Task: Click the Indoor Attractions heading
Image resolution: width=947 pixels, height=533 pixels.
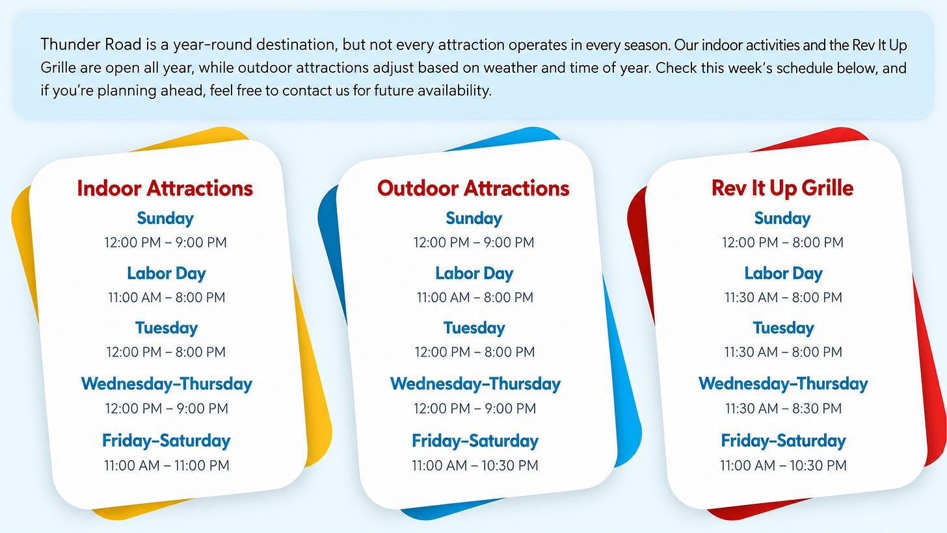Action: [165, 188]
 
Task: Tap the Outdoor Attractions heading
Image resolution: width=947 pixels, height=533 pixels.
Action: [473, 188]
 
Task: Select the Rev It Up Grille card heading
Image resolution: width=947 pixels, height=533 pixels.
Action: [782, 188]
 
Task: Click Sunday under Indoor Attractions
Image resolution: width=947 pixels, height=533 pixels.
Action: [165, 219]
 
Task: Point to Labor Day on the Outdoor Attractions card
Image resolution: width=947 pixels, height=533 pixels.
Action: [474, 273]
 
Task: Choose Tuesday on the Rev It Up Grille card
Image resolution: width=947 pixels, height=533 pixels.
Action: [783, 328]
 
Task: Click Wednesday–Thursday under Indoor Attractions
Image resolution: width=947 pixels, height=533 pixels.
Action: [167, 384]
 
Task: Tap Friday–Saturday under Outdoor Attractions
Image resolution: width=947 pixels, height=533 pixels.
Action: [475, 441]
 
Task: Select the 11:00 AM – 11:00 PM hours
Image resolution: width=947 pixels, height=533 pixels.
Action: [167, 465]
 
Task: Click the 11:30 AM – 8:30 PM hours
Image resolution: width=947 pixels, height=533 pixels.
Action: [783, 408]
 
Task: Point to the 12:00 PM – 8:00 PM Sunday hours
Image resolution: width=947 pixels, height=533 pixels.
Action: [782, 242]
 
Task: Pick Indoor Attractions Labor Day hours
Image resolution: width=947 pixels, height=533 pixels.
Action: [167, 297]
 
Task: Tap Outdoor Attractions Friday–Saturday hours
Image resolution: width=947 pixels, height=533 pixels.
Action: [475, 465]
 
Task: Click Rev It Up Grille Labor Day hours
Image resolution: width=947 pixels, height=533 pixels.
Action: [783, 297]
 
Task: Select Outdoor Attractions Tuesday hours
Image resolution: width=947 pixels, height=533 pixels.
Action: [474, 352]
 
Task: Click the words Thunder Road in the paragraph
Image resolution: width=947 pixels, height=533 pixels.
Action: [91, 44]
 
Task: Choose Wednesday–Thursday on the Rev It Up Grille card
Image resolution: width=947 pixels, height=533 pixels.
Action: [783, 384]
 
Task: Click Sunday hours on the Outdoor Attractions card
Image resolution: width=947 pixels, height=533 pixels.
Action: [473, 242]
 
